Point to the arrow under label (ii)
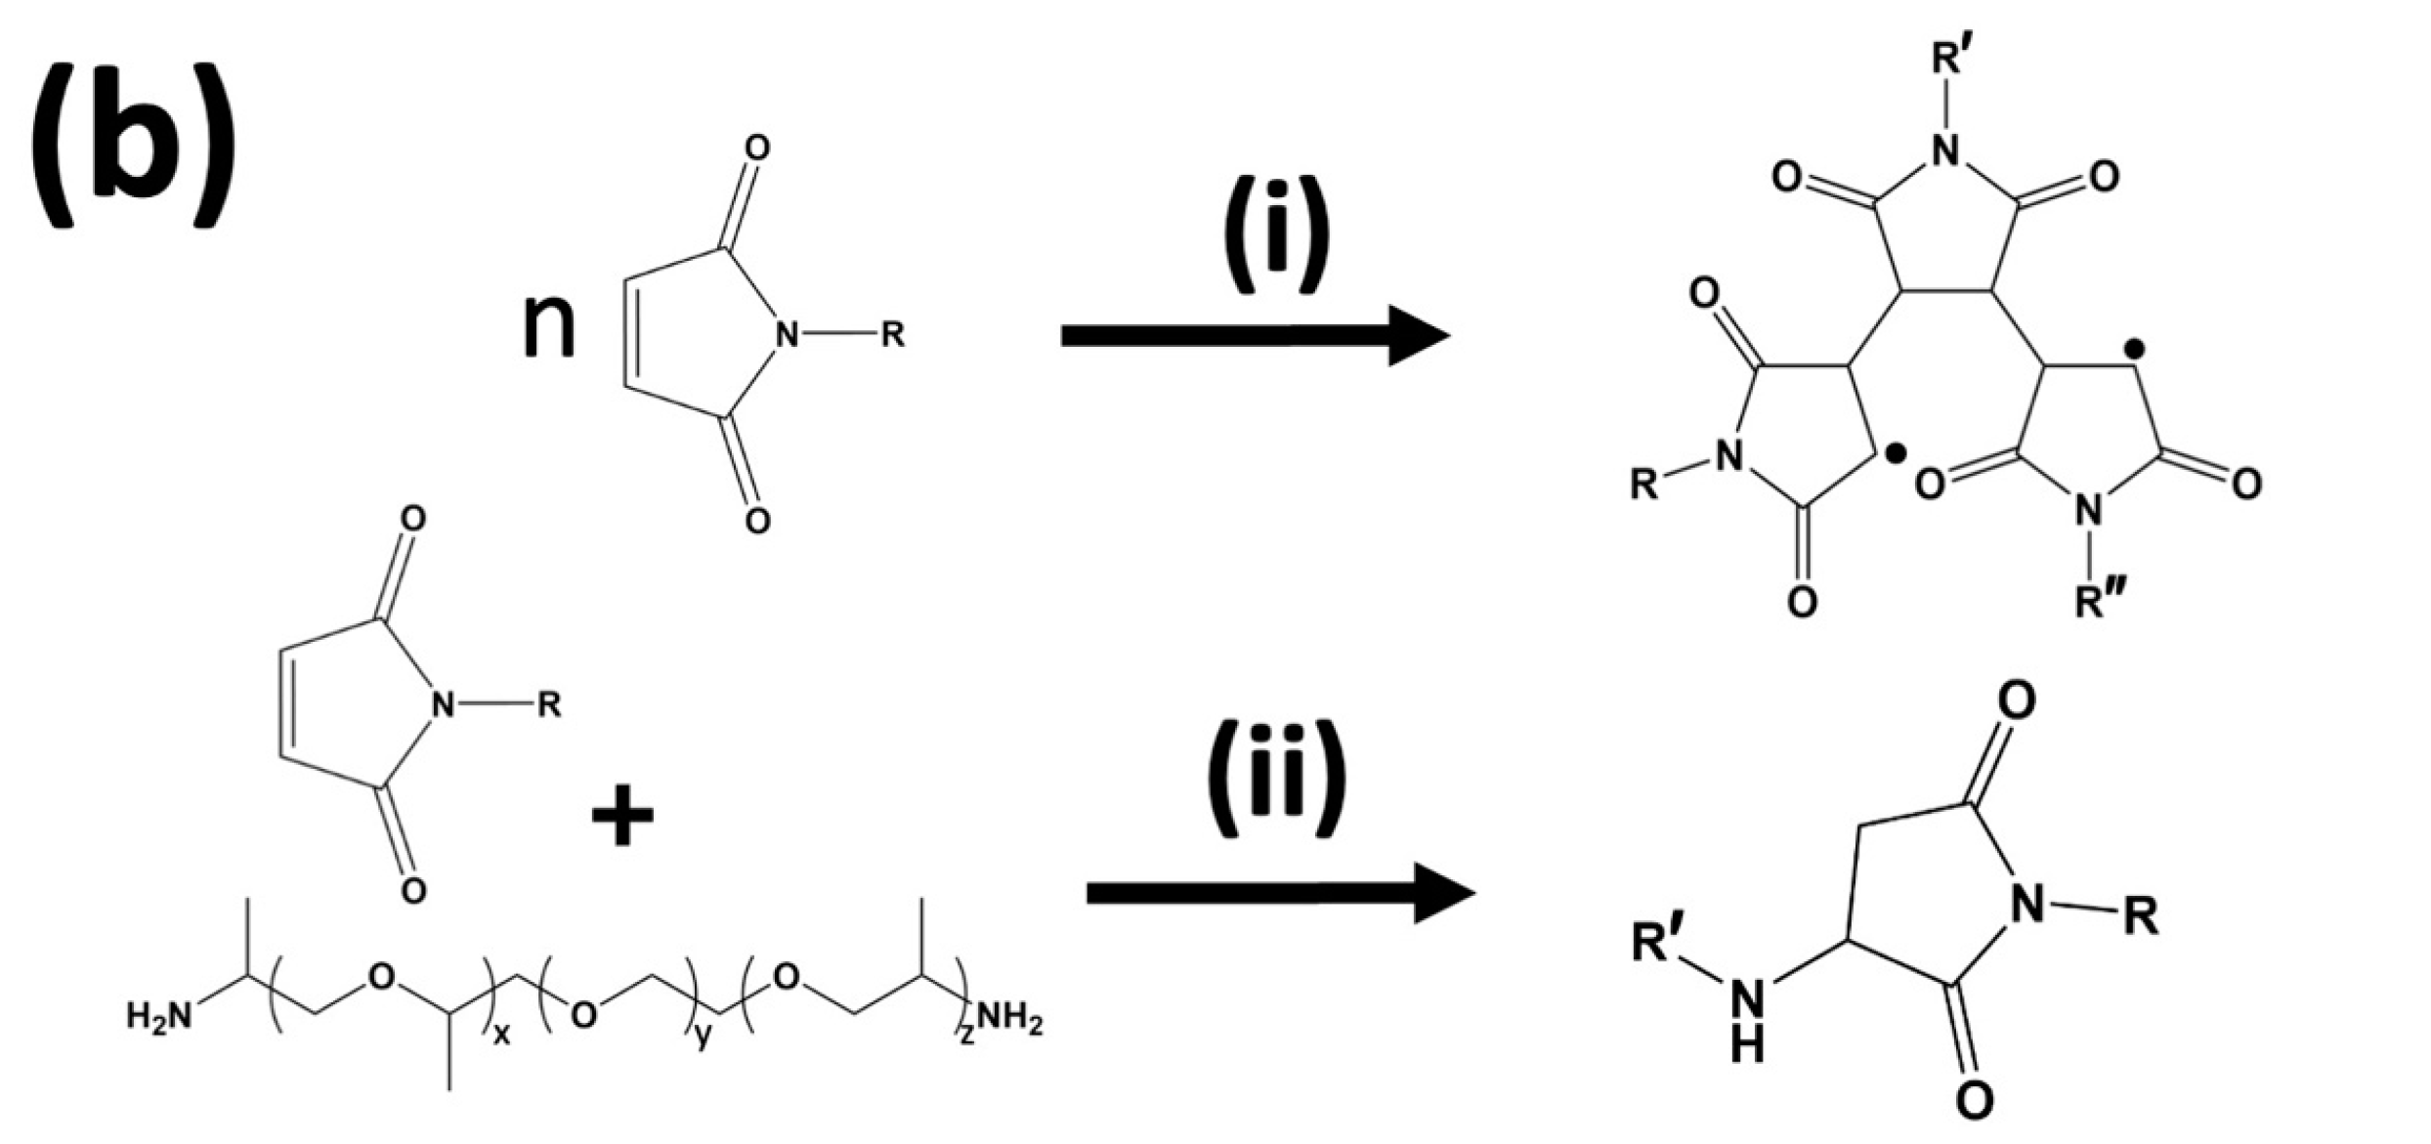point(1279,893)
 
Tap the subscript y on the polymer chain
point(704,1038)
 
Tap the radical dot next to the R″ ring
point(2137,347)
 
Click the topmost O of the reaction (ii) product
point(2016,699)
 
